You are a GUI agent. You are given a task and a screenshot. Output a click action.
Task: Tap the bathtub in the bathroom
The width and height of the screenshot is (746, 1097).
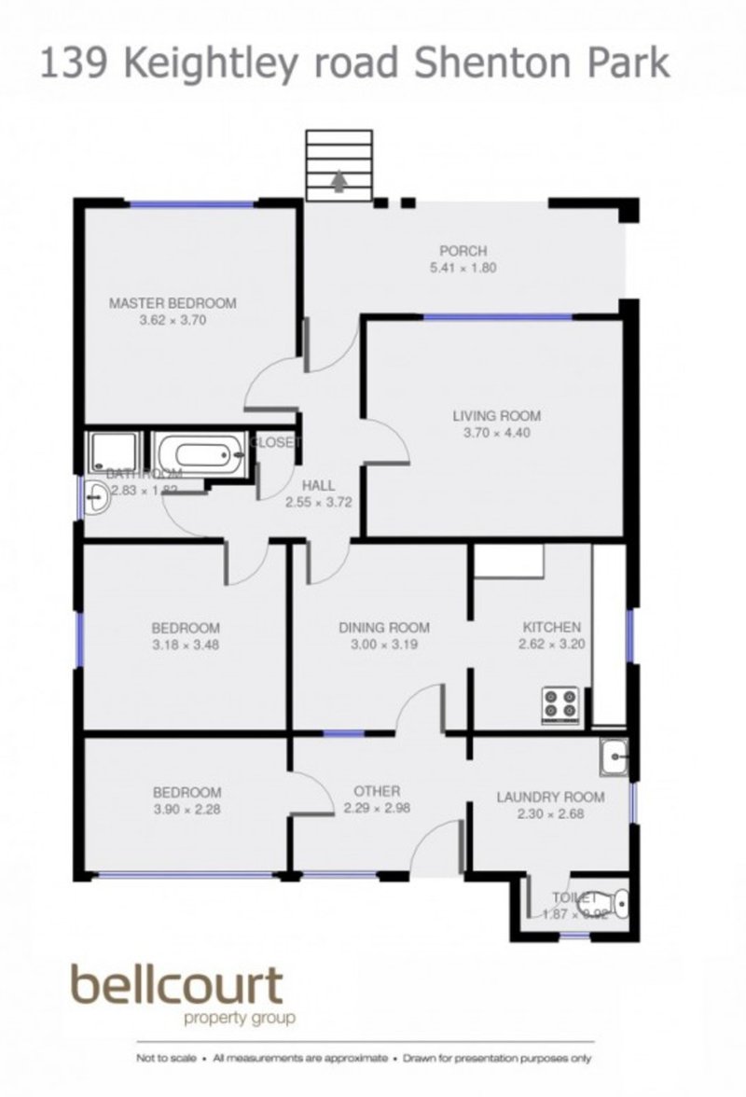[x=201, y=455]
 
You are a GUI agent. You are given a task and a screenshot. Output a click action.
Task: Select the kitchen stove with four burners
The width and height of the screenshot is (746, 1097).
[x=559, y=702]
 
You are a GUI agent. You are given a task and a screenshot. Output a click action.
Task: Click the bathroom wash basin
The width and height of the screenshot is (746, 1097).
[x=96, y=501]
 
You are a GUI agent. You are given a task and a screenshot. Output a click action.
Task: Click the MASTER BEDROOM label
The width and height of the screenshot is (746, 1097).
[x=173, y=303]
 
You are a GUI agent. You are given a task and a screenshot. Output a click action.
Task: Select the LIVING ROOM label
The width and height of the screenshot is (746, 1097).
[x=497, y=416]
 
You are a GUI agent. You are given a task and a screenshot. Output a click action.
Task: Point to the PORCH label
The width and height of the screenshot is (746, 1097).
[x=463, y=250]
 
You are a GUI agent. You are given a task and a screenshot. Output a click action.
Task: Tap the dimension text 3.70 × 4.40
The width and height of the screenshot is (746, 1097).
[x=497, y=433]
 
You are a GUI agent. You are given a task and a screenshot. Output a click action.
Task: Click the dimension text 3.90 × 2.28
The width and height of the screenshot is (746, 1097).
[x=187, y=810]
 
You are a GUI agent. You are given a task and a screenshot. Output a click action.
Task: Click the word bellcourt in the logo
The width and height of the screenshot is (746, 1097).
[x=176, y=986]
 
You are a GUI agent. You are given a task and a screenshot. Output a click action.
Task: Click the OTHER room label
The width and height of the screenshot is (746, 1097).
[x=378, y=791]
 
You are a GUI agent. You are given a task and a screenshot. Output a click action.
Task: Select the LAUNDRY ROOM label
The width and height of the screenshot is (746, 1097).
[x=549, y=798]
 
